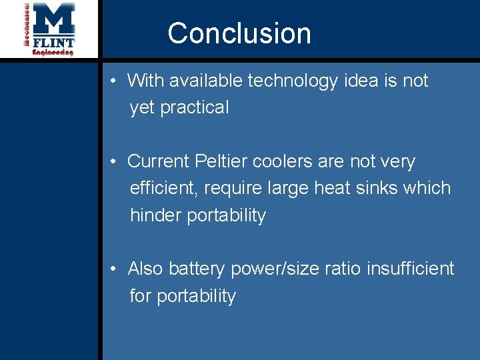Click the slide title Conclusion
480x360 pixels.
(x=239, y=33)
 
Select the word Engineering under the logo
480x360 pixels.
(x=53, y=53)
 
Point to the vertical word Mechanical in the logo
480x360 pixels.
(x=27, y=25)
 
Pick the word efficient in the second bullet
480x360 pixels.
(x=163, y=188)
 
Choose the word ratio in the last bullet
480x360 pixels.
(x=342, y=269)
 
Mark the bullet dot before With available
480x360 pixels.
(x=115, y=81)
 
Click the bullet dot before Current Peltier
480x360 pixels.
(x=115, y=162)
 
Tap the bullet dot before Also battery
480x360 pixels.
(x=115, y=269)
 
